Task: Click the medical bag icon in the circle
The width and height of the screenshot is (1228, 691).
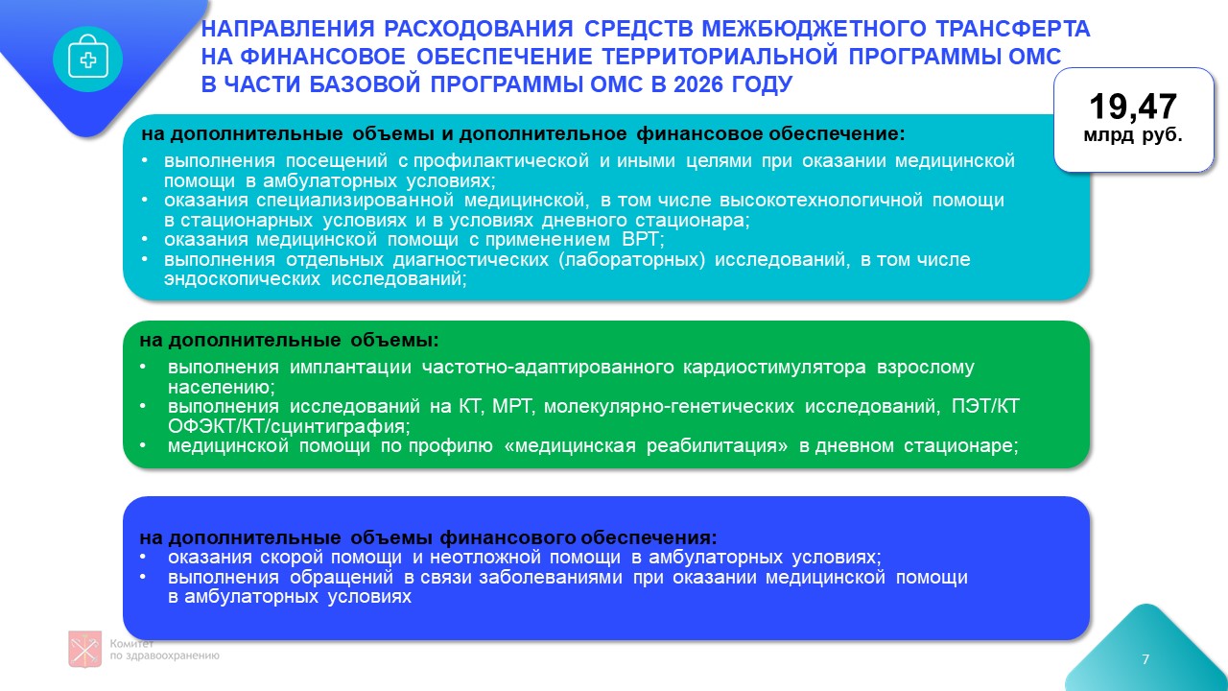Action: pos(87,58)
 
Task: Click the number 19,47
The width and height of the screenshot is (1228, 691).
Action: pos(1133,107)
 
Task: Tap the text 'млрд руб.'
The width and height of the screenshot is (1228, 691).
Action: pos(1133,135)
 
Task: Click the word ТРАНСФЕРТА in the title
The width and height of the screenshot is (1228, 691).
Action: pos(1012,29)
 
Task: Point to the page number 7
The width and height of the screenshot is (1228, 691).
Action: pos(1145,659)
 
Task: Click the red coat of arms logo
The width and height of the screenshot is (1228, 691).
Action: pos(85,649)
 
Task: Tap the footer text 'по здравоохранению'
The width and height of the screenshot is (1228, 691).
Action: pos(164,655)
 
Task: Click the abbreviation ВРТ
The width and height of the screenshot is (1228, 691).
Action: pos(643,239)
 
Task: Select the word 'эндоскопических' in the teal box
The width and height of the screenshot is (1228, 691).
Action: pos(242,278)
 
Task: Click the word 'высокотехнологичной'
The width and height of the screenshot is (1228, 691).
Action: pos(820,201)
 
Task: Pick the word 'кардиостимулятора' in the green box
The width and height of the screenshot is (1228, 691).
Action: pos(774,367)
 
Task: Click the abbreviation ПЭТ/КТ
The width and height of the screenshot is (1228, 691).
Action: pos(985,406)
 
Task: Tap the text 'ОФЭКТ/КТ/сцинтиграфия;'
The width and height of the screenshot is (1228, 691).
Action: pos(289,426)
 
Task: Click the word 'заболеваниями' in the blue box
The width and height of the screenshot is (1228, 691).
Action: pos(551,577)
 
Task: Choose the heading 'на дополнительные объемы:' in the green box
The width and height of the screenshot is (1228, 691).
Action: pos(289,341)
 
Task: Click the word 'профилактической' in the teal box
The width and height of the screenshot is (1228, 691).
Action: pos(501,160)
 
